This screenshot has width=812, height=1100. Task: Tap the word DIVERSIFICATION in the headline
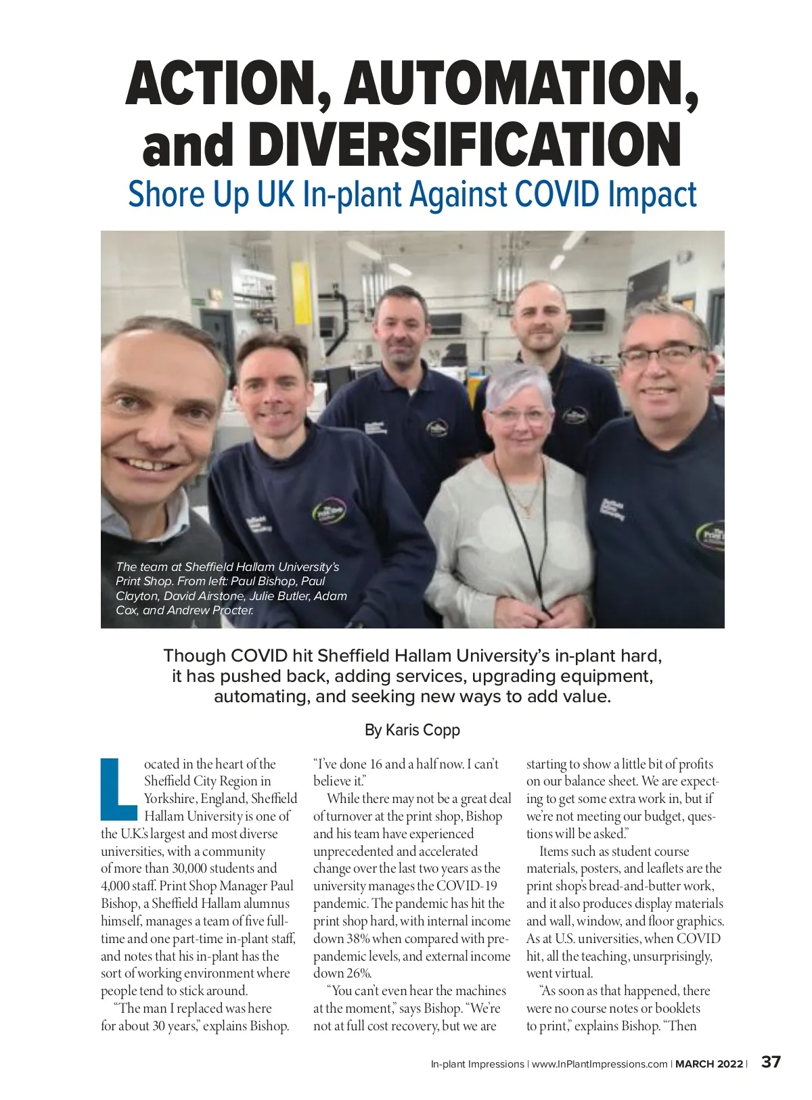coord(465,145)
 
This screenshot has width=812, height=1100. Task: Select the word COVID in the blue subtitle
coord(557,194)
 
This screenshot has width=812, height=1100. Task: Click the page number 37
coord(771,1062)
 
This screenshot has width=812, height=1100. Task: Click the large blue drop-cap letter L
coord(118,789)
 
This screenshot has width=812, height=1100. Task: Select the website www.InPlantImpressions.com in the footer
coord(600,1064)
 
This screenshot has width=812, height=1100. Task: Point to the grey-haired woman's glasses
coord(519,415)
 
